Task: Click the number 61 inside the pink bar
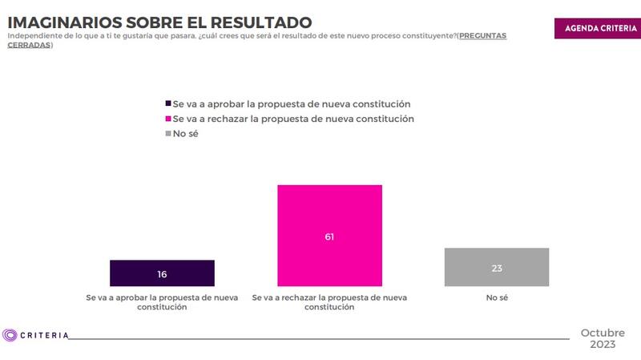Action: (x=329, y=237)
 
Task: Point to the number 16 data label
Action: (x=162, y=275)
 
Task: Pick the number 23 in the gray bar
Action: (x=497, y=269)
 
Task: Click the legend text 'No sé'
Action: (x=186, y=134)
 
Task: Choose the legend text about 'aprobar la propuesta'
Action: (x=292, y=104)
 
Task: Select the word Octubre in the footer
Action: (x=603, y=332)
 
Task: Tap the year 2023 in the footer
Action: (x=603, y=345)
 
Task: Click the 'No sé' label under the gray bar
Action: (x=497, y=297)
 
